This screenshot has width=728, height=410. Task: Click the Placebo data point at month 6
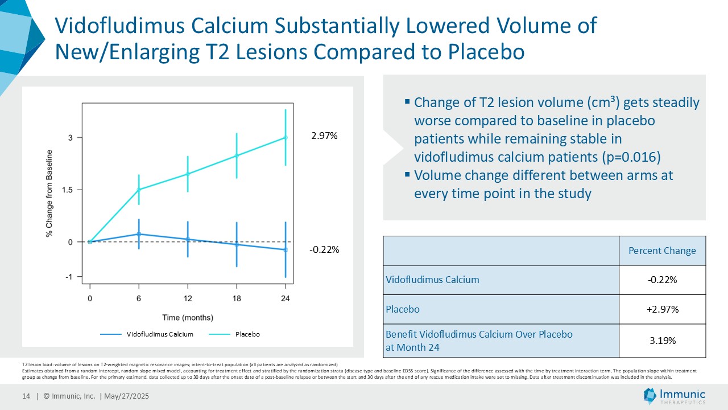click(139, 190)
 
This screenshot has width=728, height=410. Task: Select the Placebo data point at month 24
click(286, 137)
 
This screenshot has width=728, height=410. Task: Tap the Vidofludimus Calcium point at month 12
click(188, 239)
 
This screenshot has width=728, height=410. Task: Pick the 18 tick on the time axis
click(237, 298)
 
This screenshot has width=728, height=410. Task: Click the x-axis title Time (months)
click(188, 317)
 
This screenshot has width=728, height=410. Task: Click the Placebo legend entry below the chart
click(247, 334)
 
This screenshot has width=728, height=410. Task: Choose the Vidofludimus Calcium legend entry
click(159, 334)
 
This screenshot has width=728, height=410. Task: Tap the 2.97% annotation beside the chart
click(324, 136)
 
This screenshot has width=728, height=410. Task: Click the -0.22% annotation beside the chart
click(324, 249)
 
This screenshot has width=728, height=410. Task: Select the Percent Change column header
click(662, 251)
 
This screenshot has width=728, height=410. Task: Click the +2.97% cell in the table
click(662, 309)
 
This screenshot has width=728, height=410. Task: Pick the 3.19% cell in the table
click(662, 341)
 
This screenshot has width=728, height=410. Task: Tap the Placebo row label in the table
click(403, 309)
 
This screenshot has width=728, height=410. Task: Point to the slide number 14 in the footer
click(26, 396)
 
